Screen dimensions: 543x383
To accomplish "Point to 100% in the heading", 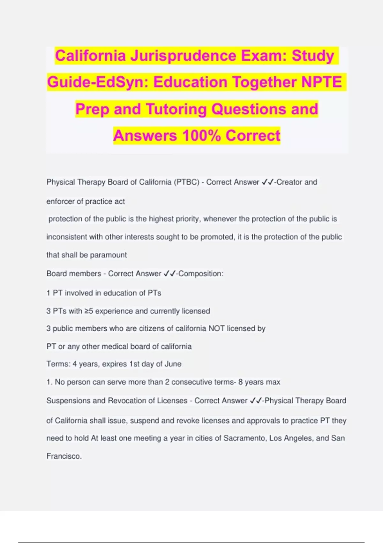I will click(201, 135).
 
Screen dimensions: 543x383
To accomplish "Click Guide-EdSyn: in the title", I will click(98, 82).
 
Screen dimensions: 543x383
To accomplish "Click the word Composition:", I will click(201, 274).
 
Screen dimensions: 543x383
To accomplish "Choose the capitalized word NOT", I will click(216, 329).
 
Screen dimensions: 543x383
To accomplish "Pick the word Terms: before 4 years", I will click(58, 364).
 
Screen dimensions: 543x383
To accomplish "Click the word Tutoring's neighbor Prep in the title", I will click(92, 109).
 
